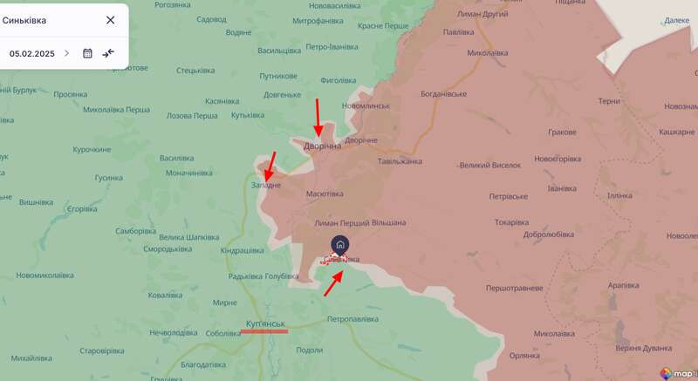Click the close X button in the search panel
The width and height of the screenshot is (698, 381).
(110, 20)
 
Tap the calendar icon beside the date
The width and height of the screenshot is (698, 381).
(87, 53)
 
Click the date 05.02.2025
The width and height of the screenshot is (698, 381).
(32, 53)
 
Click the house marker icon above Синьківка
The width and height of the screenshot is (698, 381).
(340, 244)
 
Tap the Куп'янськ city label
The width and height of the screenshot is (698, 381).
(266, 323)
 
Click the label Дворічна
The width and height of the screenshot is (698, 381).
(322, 146)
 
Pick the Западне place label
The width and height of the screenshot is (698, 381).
(266, 185)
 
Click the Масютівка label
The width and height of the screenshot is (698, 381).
(325, 194)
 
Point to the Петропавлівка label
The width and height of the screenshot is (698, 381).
(352, 319)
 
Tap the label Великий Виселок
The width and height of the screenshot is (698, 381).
(490, 165)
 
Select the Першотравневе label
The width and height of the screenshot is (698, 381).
(515, 288)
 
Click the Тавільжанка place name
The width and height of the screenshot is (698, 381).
(400, 161)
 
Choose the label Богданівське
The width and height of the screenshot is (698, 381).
(443, 93)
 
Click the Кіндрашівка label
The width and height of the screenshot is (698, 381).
(243, 250)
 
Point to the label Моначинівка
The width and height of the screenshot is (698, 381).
(189, 173)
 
